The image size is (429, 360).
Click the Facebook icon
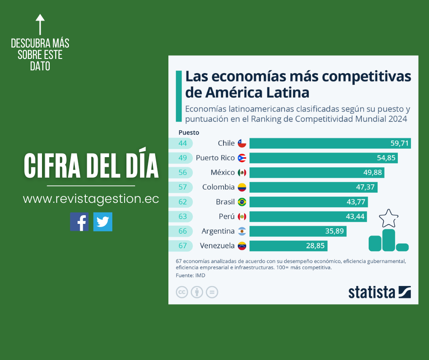click(79, 222)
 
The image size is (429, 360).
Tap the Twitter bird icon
click(103, 222)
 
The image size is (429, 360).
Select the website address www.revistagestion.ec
click(91, 199)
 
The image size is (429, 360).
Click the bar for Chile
click(330, 143)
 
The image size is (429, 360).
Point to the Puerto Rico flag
click(242, 158)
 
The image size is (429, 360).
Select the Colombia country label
click(218, 187)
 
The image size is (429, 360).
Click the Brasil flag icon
click(242, 202)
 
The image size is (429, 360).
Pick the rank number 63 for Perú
click(183, 216)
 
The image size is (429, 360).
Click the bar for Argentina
click(298, 231)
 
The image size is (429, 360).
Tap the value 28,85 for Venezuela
click(315, 246)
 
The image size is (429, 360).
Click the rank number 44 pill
click(183, 143)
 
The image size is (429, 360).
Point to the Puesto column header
click(188, 132)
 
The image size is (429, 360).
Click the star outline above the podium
click(388, 218)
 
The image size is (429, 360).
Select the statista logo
click(379, 292)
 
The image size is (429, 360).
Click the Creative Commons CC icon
click(182, 292)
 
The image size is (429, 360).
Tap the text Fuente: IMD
click(190, 275)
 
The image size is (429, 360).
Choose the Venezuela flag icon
click(242, 246)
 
